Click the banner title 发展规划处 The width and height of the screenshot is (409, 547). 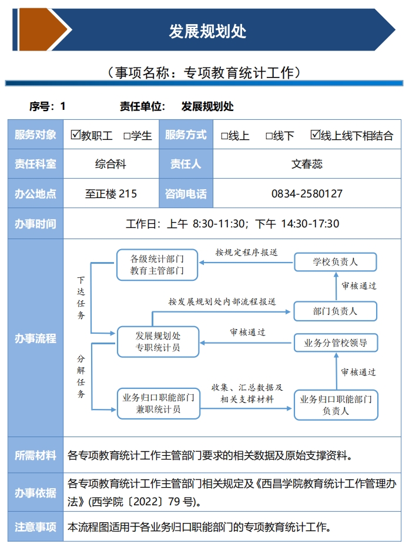click(207, 31)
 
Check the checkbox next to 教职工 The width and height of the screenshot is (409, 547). click(75, 135)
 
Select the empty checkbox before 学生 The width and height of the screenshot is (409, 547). click(126, 136)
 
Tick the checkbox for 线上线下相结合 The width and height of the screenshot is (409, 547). click(316, 135)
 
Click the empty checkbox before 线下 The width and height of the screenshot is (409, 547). click(269, 136)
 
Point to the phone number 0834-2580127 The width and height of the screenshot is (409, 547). click(307, 193)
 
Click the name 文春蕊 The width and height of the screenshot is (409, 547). click(307, 164)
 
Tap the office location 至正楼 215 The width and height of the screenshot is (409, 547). click(111, 193)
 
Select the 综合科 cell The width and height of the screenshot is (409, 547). click(111, 164)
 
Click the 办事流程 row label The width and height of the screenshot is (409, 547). click(35, 338)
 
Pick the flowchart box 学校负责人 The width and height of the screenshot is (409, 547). click(335, 261)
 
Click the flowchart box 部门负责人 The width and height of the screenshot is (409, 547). click(335, 311)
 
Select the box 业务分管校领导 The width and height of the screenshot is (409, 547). click(335, 343)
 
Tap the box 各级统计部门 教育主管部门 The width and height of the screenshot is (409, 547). click(157, 265)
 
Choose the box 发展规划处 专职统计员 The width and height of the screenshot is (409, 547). click(158, 341)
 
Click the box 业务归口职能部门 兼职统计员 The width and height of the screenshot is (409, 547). click(158, 403)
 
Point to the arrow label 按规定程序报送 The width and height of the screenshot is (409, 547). click(246, 253)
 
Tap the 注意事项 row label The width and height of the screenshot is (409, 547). click(35, 527)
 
